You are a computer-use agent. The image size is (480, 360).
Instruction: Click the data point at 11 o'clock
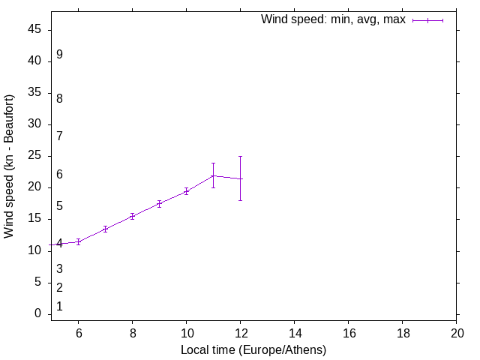[x=213, y=175]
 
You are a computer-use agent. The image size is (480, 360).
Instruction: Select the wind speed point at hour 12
[x=240, y=178]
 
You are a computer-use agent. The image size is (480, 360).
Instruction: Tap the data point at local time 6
[x=78, y=241]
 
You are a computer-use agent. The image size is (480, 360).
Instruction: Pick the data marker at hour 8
[x=132, y=216]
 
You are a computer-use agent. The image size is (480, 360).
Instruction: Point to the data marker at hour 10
[x=186, y=191]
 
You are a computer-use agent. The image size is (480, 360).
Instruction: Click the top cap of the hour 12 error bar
[x=240, y=156]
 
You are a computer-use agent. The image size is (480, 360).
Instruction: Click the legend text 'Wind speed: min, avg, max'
[x=333, y=19]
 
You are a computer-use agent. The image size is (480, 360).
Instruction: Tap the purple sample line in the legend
[x=427, y=20]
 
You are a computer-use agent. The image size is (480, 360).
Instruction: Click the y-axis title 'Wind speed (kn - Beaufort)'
[x=9, y=166]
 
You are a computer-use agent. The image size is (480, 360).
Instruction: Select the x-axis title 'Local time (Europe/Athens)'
[x=253, y=349]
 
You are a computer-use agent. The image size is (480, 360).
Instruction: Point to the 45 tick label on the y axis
[x=35, y=30]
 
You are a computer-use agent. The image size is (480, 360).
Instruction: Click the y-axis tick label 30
[x=35, y=124]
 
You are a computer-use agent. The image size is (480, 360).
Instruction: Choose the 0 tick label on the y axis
[x=38, y=313]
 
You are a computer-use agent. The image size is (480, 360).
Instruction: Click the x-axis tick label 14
[x=295, y=332]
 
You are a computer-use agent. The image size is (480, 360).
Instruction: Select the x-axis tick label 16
[x=349, y=332]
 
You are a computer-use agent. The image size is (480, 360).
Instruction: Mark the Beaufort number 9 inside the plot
[x=59, y=55]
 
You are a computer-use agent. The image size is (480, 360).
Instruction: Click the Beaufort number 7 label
[x=59, y=136]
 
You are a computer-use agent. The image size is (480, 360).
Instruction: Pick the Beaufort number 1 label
[x=59, y=307]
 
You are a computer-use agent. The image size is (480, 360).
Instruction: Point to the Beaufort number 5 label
[x=59, y=206]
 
